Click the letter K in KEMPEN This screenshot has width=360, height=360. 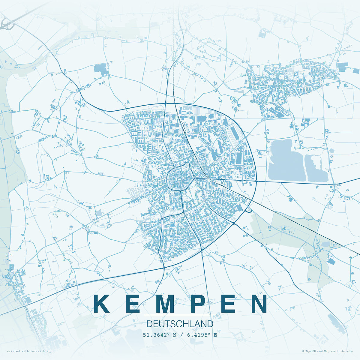[101, 304]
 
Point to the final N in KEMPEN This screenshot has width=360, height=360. [259, 304]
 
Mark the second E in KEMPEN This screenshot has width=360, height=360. [229, 304]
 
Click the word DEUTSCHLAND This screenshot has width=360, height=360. [180, 324]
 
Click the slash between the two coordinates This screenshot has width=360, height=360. [182, 335]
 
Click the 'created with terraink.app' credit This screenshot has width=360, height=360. [30, 351]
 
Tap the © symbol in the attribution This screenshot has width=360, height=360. [303, 351]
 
